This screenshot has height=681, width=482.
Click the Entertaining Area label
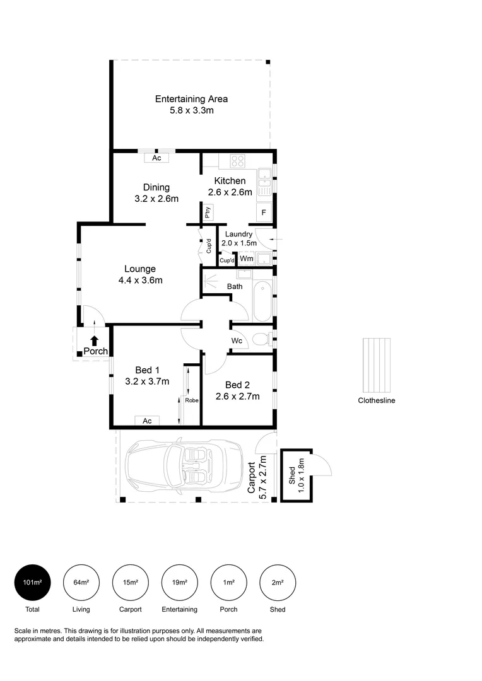191,99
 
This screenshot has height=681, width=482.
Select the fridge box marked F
263,212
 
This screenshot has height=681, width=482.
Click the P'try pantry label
207,213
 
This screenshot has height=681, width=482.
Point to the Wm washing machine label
246,259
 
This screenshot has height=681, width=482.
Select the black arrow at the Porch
94,340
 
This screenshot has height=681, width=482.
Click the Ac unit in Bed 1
146,421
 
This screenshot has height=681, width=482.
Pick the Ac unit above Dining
156,158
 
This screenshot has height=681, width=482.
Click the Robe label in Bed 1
192,400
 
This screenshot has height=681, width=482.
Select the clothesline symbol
376,365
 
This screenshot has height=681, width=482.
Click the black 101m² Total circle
32,583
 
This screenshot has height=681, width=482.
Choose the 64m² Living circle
81,583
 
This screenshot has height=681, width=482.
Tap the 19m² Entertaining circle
180,583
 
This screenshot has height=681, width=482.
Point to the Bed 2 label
233,385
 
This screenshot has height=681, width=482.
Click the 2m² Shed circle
278,583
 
